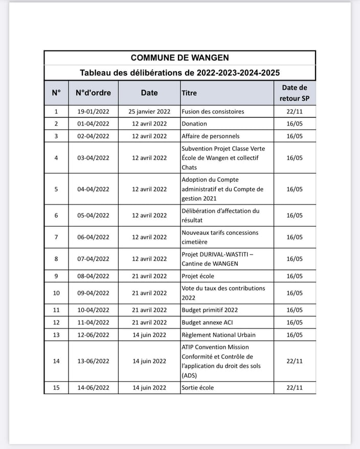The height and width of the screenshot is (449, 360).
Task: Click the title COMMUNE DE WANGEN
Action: (179, 58)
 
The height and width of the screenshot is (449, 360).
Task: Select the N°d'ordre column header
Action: (93, 93)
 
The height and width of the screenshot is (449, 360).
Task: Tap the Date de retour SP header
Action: (295, 93)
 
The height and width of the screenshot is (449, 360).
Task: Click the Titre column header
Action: (189, 93)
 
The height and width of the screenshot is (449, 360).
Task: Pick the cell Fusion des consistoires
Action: (213, 111)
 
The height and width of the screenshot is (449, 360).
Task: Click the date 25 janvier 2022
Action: (149, 111)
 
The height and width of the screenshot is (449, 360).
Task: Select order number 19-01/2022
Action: (93, 111)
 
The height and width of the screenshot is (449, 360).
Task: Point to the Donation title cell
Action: (194, 124)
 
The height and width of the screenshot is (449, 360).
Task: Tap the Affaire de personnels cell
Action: (210, 136)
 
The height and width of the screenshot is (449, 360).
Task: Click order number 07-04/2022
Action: (93, 259)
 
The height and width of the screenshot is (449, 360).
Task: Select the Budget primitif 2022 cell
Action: (209, 310)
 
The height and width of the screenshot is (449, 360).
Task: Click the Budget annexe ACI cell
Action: (207, 322)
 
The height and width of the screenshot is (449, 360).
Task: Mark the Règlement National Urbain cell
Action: (218, 335)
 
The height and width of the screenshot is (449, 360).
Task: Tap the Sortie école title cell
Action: (197, 388)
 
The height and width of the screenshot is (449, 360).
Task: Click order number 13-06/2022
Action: (93, 361)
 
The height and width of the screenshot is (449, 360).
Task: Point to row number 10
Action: (56, 293)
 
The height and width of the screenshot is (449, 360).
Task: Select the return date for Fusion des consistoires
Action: (295, 111)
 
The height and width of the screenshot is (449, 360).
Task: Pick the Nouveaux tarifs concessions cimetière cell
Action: (220, 237)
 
